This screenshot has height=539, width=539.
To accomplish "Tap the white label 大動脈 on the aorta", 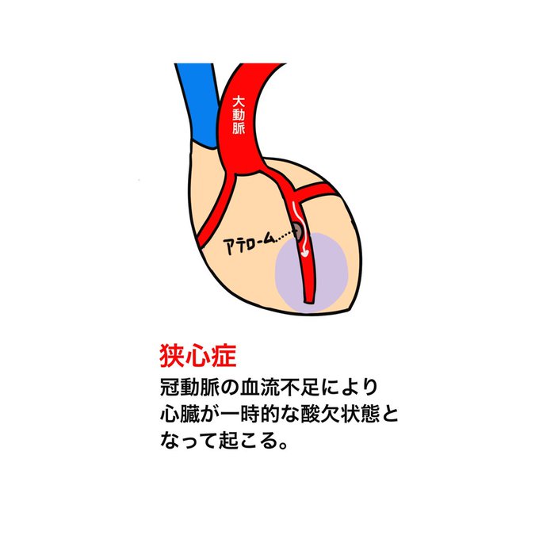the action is [x=239, y=117].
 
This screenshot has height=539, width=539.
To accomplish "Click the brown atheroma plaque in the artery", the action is [x=299, y=231].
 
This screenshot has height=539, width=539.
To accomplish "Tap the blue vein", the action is [x=197, y=103].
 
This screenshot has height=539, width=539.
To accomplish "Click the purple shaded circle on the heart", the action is [x=310, y=272].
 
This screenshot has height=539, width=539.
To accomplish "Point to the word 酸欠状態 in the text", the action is [x=319, y=414].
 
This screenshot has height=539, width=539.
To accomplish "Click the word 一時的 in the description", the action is [x=238, y=414].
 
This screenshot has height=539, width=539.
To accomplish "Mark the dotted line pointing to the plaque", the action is [x=278, y=233].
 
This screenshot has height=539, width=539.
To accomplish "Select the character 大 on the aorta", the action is [x=239, y=102].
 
